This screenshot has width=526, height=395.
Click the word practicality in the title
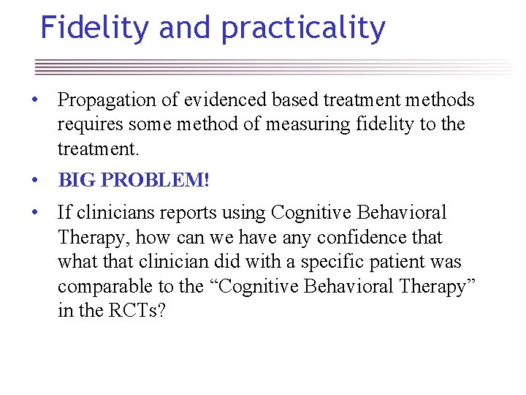pyautogui.click(x=303, y=29)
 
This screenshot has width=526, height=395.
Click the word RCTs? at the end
pyautogui.click(x=137, y=311)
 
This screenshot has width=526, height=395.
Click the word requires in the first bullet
pyautogui.click(x=87, y=125)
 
